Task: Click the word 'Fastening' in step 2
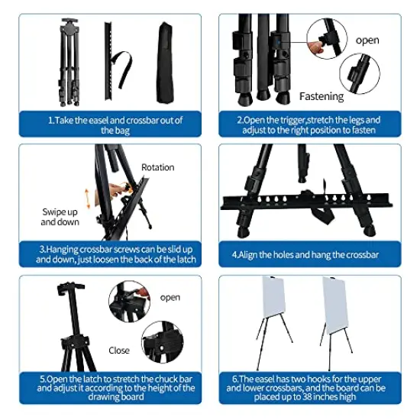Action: coord(321,96)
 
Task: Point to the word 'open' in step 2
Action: coord(367,40)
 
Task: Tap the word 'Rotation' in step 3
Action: coord(158,166)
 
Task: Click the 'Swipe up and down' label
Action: coord(60,216)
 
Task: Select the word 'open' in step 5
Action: coord(170,297)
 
